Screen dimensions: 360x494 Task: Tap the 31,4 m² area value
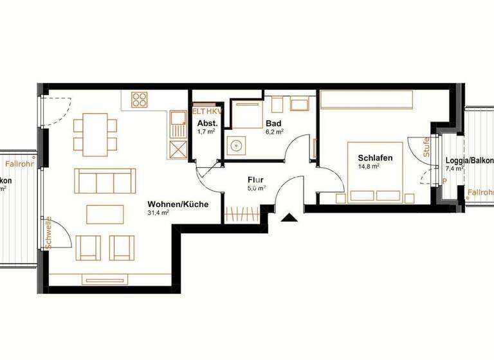(158, 212)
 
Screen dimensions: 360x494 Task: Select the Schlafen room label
(371, 157)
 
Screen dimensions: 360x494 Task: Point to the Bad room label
(273, 123)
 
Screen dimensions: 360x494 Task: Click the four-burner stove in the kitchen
(140, 100)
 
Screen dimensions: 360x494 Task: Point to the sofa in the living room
(105, 180)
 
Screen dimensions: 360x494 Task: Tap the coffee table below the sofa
(105, 214)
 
